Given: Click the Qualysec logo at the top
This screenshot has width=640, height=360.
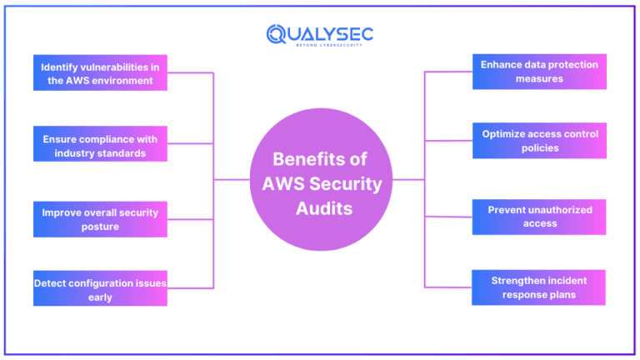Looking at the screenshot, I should point(320,35).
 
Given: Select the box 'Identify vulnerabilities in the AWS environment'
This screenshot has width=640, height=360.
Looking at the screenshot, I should point(100,72).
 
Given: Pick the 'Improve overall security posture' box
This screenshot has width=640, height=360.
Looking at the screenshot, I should point(100,218).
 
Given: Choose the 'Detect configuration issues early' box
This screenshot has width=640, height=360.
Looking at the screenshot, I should point(100,289).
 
